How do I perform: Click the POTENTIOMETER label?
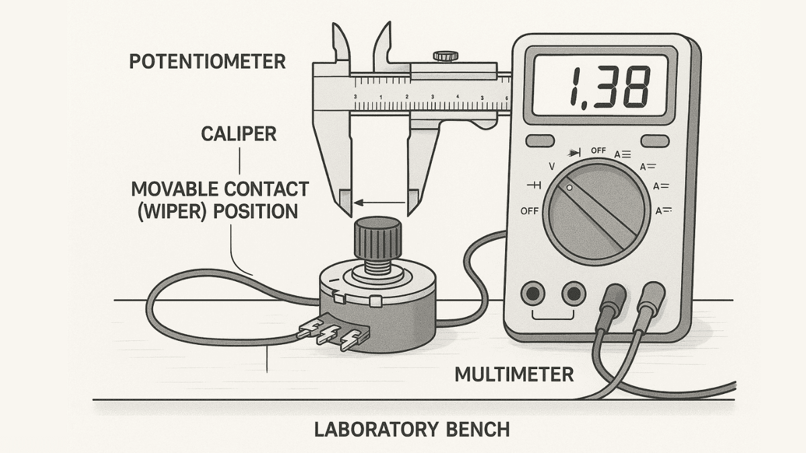pos(208,62)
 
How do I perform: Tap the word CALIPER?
pos(239,134)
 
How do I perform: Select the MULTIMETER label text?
pos(514,374)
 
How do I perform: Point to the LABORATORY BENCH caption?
pos(412,429)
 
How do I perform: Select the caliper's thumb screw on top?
pos(441,56)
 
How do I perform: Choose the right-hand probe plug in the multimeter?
pos(652,298)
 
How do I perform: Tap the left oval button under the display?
pos(539,141)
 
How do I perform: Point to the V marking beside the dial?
pos(552,165)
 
